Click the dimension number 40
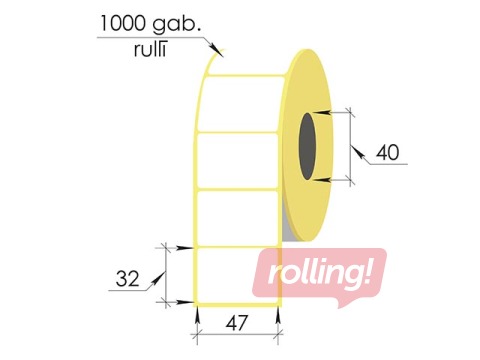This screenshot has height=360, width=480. point(387,153)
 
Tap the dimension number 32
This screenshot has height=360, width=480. point(127,279)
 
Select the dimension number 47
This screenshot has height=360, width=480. point(237,323)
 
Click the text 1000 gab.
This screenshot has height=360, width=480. point(150,24)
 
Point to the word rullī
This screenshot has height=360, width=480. point(150,50)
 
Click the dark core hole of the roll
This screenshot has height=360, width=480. point(307,146)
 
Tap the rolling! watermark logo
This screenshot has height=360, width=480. point(319,275)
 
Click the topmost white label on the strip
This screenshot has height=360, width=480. point(240,103)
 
